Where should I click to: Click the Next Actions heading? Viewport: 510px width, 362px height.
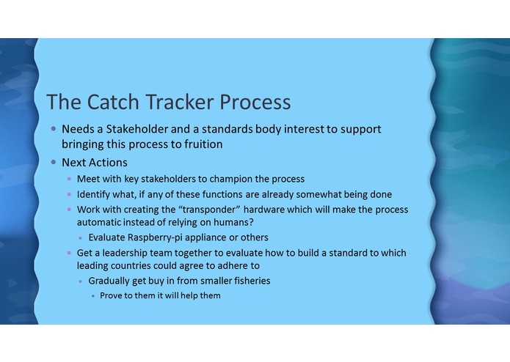(94, 163)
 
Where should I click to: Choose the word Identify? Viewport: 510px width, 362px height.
(96, 194)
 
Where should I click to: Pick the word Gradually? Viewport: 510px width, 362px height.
(112, 281)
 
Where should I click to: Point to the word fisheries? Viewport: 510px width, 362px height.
(247, 281)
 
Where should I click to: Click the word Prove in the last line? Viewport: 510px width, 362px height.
(113, 295)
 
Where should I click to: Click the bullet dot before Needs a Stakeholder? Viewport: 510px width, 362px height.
(53, 129)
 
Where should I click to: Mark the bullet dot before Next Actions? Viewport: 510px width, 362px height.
(53, 163)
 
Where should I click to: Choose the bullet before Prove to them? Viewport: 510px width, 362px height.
(92, 296)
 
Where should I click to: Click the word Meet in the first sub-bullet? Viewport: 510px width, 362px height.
(89, 179)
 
